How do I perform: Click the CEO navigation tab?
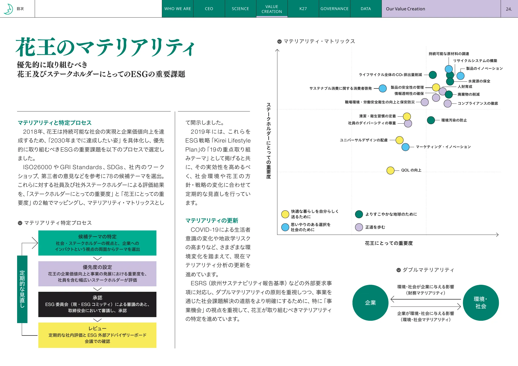pyautogui.click(x=209, y=9)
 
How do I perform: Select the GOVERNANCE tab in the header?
pyautogui.click(x=334, y=9)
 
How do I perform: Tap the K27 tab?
pyautogui.click(x=303, y=9)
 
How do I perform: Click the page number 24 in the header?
pyautogui.click(x=509, y=9)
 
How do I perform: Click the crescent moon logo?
pyautogui.click(x=9, y=9)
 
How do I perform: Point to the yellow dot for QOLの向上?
pyautogui.click(x=390, y=170)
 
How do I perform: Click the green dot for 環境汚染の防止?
pyautogui.click(x=431, y=120)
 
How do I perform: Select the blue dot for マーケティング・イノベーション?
pyautogui.click(x=405, y=147)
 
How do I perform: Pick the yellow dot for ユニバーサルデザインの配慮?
pyautogui.click(x=399, y=140)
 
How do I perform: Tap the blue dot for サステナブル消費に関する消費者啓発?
pyautogui.click(x=383, y=88)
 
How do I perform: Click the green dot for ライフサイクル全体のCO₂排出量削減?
pyautogui.click(x=433, y=75)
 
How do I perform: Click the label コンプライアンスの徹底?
pyautogui.click(x=478, y=103)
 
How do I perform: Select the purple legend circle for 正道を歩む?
pyautogui.click(x=359, y=227)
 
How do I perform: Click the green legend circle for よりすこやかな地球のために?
pyautogui.click(x=359, y=214)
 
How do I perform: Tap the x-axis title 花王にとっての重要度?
pyautogui.click(x=388, y=243)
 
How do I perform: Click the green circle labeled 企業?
pyautogui.click(x=370, y=303)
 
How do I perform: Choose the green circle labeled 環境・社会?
pyautogui.click(x=481, y=303)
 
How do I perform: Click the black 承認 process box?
pyautogui.click(x=97, y=304)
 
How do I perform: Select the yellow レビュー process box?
pyautogui.click(x=97, y=335)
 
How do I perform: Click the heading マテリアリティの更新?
pyautogui.click(x=212, y=221)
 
